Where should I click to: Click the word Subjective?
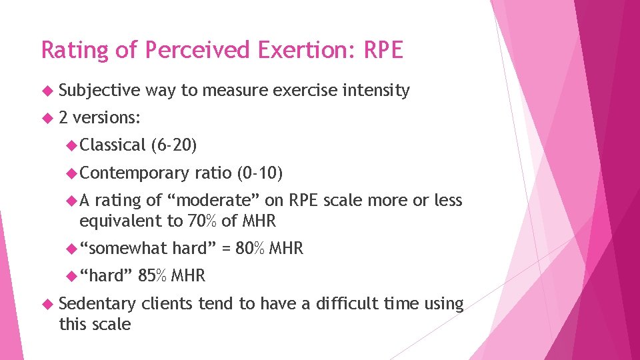[x=99, y=91]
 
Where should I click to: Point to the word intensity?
[x=375, y=91]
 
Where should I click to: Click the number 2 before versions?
[x=63, y=118]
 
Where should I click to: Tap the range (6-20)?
[x=174, y=145]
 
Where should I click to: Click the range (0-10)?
[x=260, y=173]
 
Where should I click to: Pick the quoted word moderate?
[x=213, y=201]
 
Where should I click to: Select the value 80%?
[x=251, y=249]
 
